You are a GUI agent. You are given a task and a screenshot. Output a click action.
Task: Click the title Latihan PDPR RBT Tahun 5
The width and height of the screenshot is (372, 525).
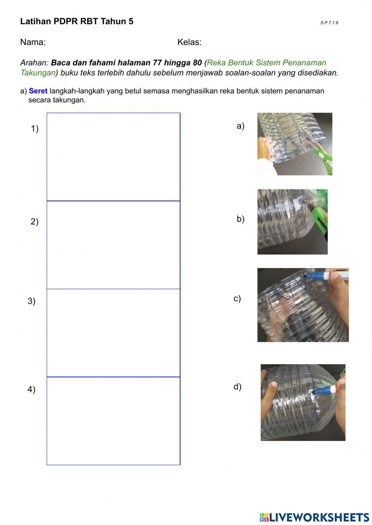tap(77, 22)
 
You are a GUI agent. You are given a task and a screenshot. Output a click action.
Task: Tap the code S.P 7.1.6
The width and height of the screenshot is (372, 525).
tap(329, 23)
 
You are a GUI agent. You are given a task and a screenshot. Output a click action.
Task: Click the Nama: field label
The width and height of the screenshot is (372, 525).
tap(33, 42)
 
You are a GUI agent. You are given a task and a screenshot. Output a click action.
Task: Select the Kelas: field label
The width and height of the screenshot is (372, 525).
tap(189, 42)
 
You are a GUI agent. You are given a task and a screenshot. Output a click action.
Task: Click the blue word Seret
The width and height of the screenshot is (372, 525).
tap(38, 91)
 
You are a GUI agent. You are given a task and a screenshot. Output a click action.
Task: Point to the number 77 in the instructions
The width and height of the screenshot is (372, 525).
tap(157, 63)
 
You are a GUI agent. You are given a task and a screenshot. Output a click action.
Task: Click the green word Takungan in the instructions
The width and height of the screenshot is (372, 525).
tap(38, 73)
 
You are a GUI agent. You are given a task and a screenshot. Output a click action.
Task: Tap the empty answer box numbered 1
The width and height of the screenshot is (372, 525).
tap(113, 157)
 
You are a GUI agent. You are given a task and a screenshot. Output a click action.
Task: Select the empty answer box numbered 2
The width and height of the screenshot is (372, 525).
tap(113, 245)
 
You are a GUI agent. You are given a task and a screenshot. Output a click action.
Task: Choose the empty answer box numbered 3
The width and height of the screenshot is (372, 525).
tap(113, 333)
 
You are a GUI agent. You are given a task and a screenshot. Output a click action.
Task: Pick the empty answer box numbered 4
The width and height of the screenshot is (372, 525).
tap(113, 421)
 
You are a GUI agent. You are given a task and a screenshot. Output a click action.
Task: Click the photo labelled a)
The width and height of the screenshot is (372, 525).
tap(295, 144)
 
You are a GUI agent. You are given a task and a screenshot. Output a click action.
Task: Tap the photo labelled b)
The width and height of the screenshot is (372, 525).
tap(292, 222)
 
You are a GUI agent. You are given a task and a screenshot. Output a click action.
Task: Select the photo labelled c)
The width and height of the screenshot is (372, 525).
tap(303, 305)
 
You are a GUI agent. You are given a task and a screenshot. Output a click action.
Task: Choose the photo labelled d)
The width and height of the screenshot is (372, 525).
tap(303, 403)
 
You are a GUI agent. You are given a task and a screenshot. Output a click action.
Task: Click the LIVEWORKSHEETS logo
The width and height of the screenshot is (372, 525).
tap(314, 517)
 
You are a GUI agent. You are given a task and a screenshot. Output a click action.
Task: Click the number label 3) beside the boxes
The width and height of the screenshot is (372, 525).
tap(32, 301)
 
